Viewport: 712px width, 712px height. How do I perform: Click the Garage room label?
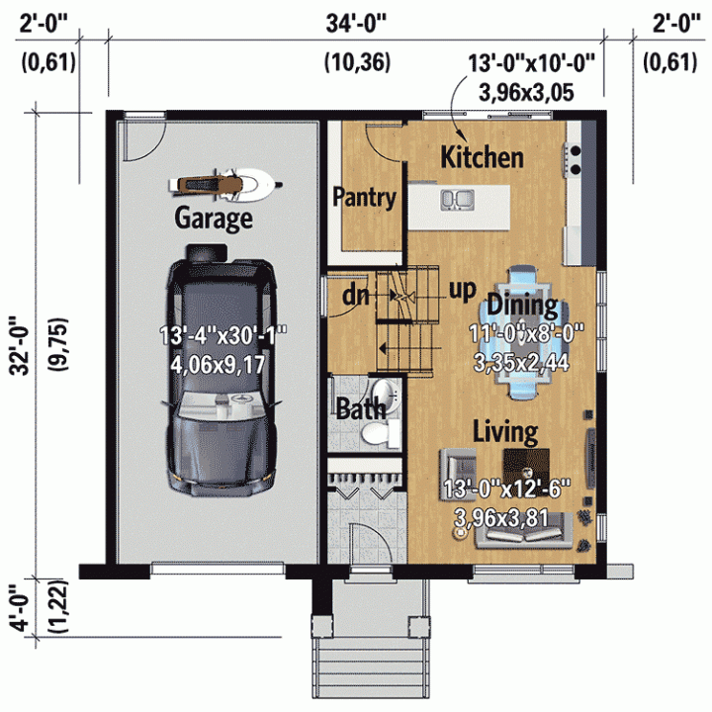point(214,219)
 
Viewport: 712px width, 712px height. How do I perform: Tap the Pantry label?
point(365,198)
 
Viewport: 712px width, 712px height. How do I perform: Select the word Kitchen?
point(482,157)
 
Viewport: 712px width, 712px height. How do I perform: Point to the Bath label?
point(361,408)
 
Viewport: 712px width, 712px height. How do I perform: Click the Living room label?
point(505,431)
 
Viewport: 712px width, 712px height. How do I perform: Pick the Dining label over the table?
point(522,306)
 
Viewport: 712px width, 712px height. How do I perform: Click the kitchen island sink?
point(458,200)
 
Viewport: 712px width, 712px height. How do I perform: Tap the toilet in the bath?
point(379,434)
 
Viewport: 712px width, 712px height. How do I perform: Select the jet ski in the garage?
point(225,185)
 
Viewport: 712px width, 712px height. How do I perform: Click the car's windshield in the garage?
point(222,405)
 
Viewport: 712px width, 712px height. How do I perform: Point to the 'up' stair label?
point(462,291)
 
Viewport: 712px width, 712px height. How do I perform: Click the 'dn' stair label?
point(356,296)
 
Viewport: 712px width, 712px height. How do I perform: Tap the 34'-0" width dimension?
point(356,24)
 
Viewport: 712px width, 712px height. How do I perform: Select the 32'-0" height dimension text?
point(21,346)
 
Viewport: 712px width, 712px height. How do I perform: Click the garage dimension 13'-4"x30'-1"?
point(222,336)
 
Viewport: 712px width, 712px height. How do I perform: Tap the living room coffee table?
point(526,467)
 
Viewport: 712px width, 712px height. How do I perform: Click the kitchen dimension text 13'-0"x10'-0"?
point(531,63)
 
